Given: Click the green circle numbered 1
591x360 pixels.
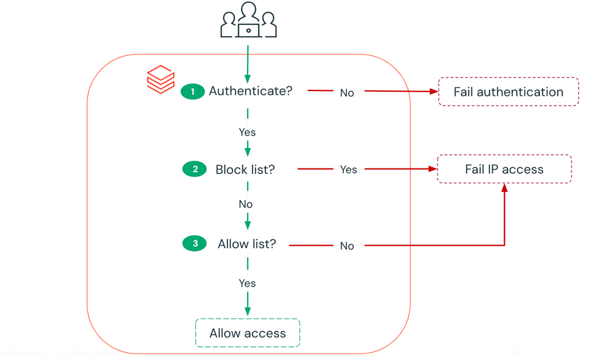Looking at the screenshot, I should coord(193,92).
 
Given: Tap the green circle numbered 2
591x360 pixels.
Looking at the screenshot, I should coord(194,169).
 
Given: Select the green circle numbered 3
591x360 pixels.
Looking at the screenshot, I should coord(194,244).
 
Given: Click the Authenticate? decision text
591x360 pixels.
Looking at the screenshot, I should coord(251,91).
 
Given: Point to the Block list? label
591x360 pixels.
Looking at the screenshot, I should coord(245,170).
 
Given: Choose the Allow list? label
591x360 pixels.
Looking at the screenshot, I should coord(247,244).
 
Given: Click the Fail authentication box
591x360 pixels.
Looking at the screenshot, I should coord(508,92).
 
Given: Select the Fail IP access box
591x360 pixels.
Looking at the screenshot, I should coord(504,169).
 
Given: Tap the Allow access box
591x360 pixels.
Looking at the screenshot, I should coord(248,333).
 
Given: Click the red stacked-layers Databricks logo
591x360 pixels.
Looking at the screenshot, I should coord(161,79).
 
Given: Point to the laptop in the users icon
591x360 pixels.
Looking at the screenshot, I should coord(249,30).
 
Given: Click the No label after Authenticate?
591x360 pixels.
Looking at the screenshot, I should coord(347,93).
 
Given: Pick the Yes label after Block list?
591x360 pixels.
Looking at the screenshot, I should coord(348,170).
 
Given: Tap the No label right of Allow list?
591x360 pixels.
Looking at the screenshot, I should coord(347,246).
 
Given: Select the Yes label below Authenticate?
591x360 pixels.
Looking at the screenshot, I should coord(247,132).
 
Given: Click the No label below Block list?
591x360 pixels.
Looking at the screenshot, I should coord(246,204).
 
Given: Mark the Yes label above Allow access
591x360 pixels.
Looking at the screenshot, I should coord(247,283).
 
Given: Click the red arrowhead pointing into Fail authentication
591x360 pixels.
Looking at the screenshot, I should coord(434,92).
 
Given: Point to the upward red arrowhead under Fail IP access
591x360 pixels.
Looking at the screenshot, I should coord(505,188).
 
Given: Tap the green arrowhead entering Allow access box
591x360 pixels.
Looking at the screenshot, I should coord(248,312).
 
